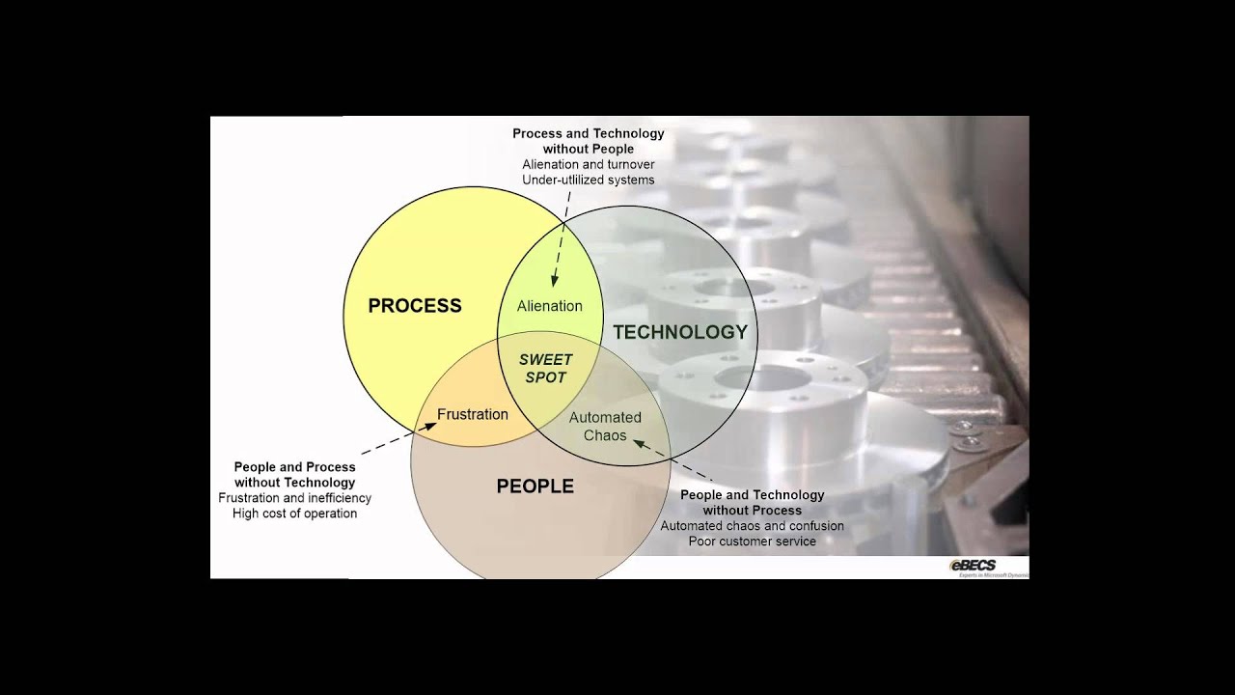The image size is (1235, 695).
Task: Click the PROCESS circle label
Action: (x=415, y=306)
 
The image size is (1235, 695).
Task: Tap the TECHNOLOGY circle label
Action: (x=680, y=332)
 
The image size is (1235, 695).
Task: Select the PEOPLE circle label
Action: (x=535, y=486)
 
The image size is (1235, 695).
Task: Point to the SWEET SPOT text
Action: (x=546, y=369)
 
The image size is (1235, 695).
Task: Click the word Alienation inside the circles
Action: (x=549, y=306)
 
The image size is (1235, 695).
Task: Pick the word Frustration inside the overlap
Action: (x=473, y=414)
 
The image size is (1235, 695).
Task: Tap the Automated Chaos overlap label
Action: (x=605, y=427)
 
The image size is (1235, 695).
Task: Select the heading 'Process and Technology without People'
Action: (x=588, y=141)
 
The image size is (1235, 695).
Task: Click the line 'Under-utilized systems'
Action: (x=588, y=180)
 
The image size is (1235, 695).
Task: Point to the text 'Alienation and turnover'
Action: (x=588, y=164)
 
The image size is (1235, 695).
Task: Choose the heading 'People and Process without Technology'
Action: (x=294, y=474)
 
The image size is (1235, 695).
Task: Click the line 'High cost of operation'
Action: (x=294, y=514)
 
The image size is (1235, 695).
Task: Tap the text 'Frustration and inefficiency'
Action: (x=294, y=498)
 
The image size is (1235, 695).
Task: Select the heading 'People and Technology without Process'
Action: (x=752, y=502)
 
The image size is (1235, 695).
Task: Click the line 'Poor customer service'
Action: (x=752, y=542)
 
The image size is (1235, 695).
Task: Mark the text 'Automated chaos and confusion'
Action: (x=752, y=526)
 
